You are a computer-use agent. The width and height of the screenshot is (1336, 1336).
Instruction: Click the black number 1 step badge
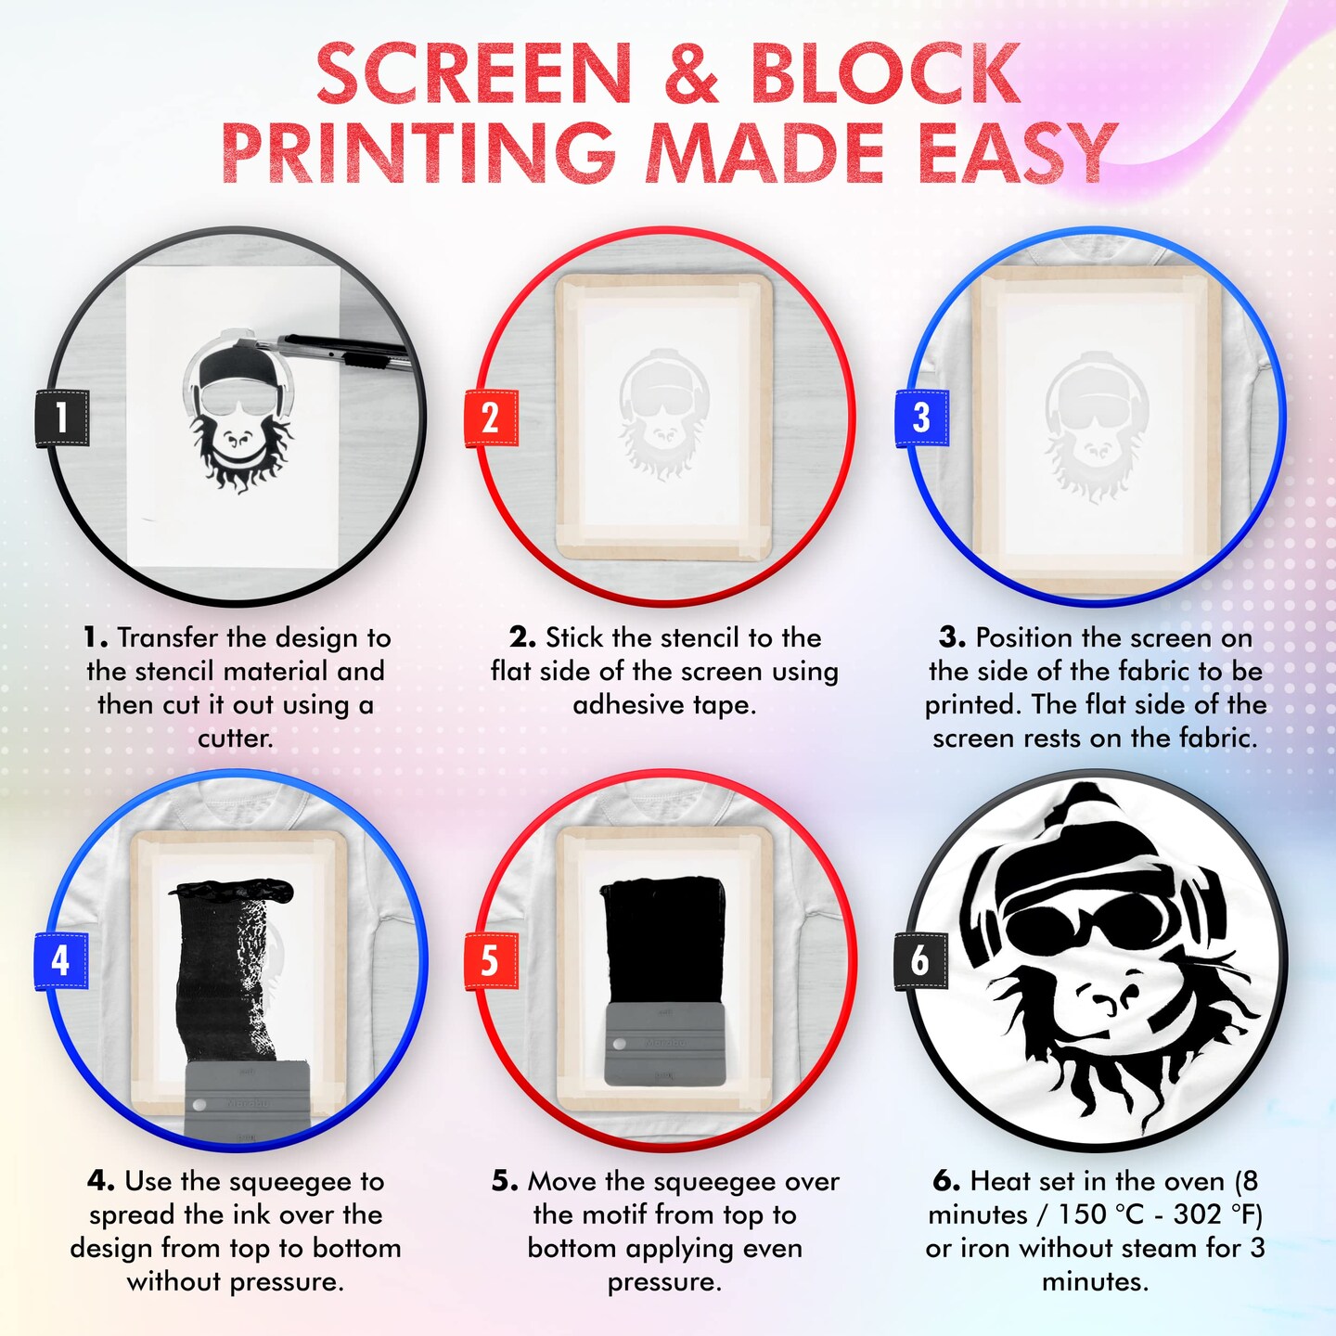62,417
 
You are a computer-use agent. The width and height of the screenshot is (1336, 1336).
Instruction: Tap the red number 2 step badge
491,417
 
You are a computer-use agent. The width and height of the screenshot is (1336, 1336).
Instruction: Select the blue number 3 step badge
920,417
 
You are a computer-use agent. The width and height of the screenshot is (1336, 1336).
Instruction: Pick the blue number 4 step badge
61,960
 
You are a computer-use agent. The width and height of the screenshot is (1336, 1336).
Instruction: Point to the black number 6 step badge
919,960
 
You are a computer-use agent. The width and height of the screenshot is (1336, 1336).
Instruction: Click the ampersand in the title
691,76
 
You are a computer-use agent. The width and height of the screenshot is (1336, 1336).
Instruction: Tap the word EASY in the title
1015,153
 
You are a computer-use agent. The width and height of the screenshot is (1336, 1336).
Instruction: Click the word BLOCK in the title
885,76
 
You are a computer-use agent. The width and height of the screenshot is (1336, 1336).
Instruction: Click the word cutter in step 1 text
235,739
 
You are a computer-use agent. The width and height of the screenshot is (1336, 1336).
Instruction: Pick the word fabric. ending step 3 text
1218,739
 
